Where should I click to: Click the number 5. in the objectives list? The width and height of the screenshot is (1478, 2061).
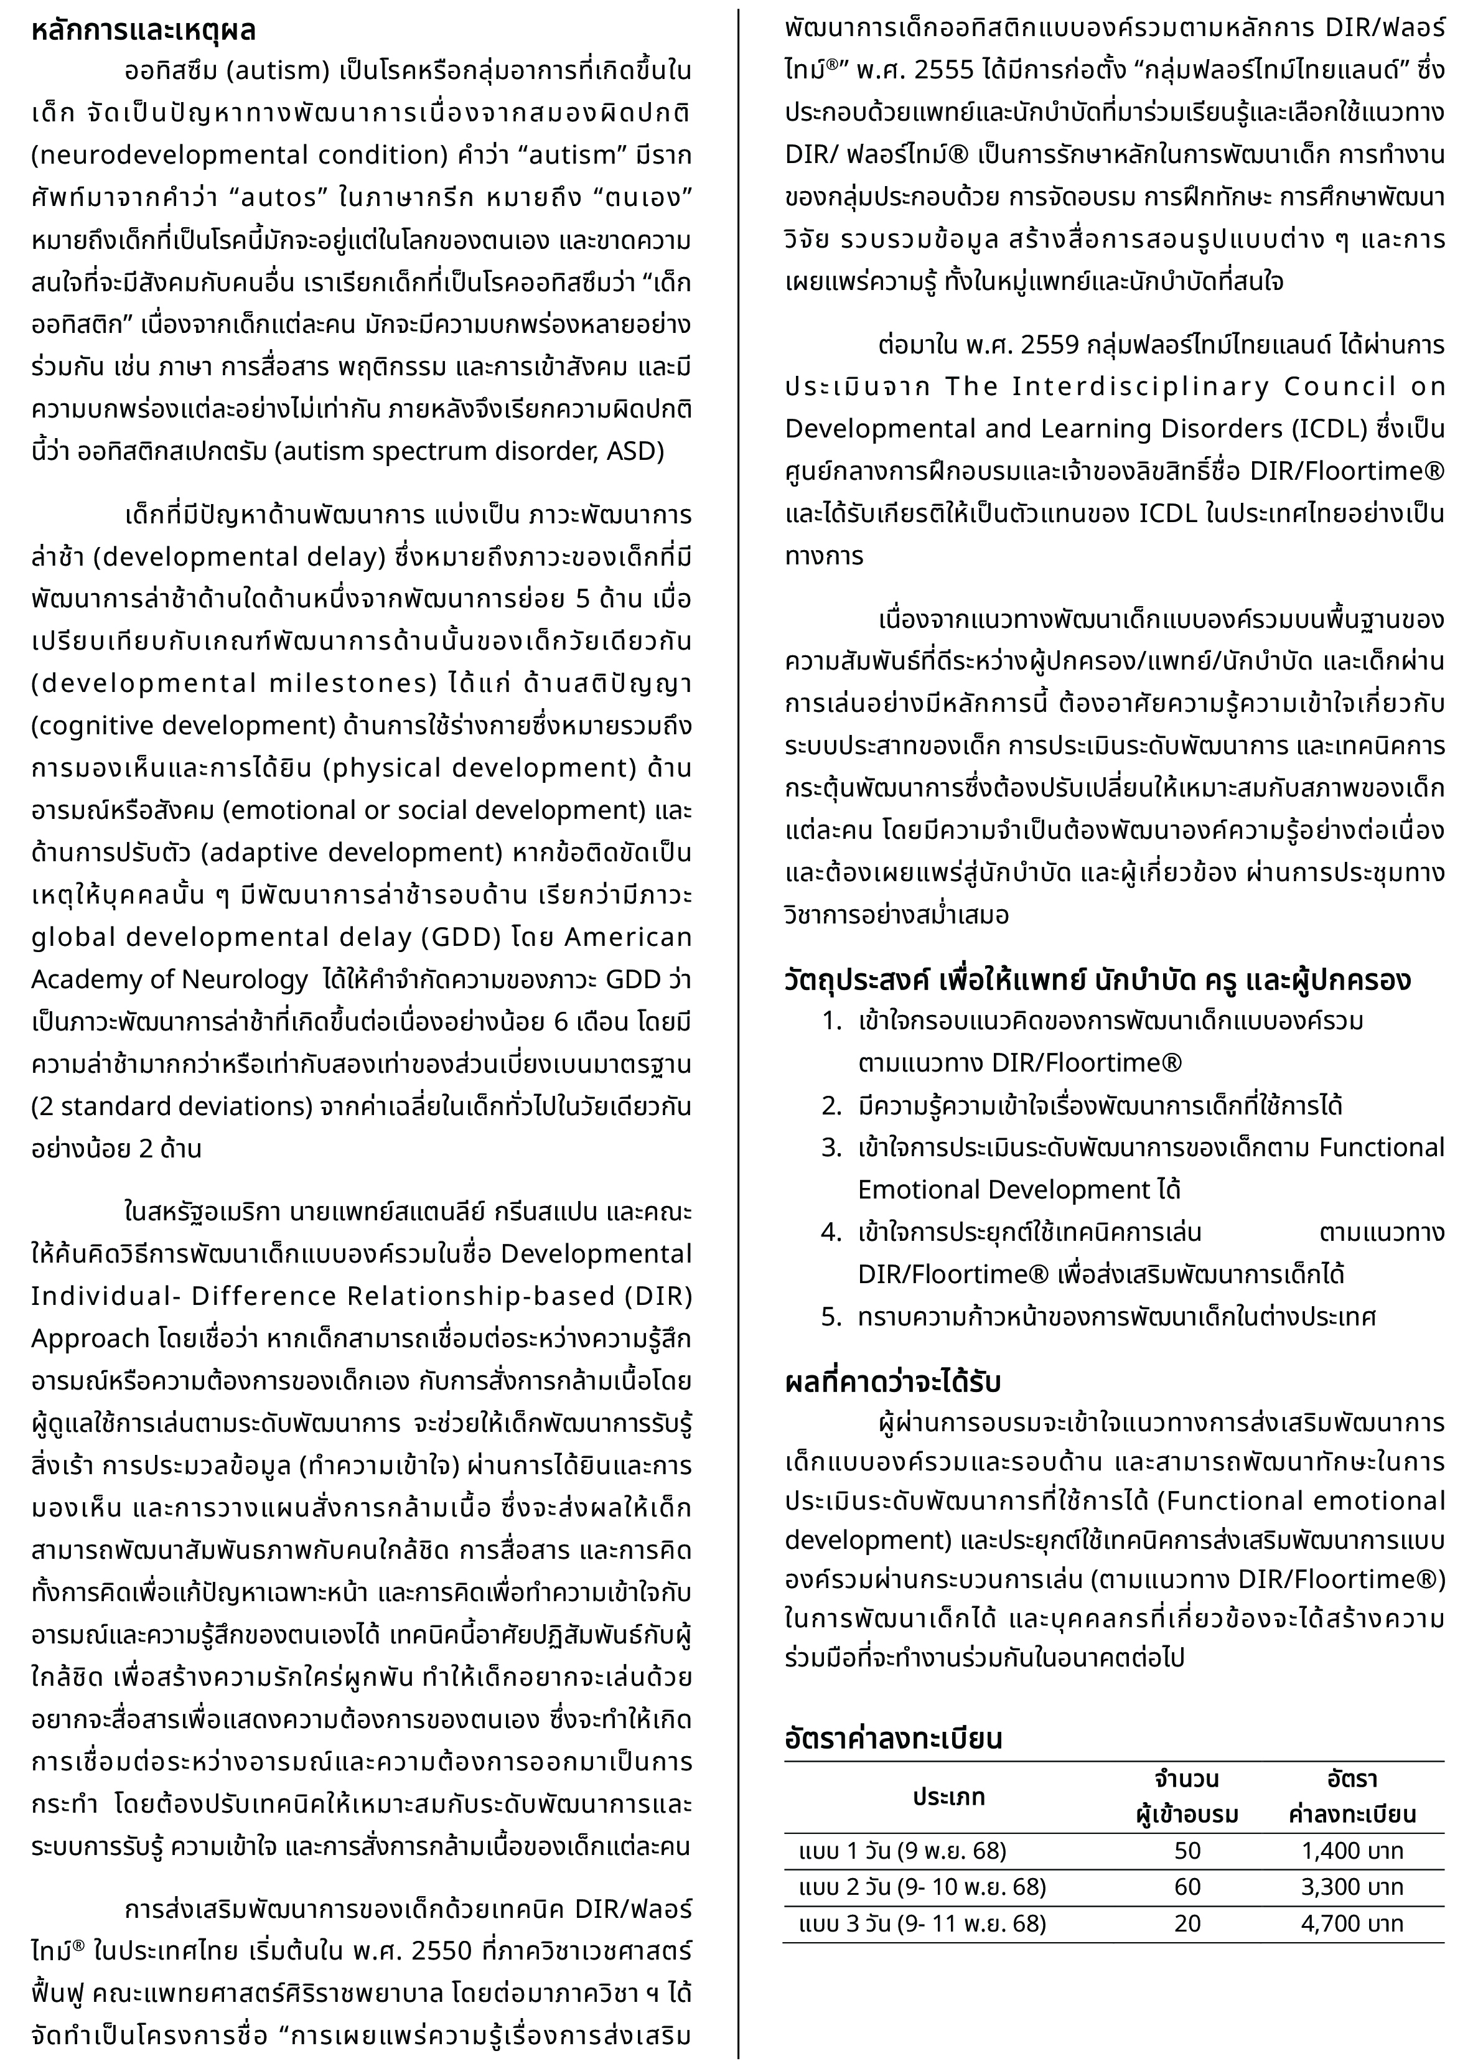(831, 1317)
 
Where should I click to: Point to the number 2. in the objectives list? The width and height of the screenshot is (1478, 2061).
(831, 1106)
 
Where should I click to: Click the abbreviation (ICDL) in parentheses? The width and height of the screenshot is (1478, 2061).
(1334, 429)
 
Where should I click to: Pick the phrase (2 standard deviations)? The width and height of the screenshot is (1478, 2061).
(166, 1106)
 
